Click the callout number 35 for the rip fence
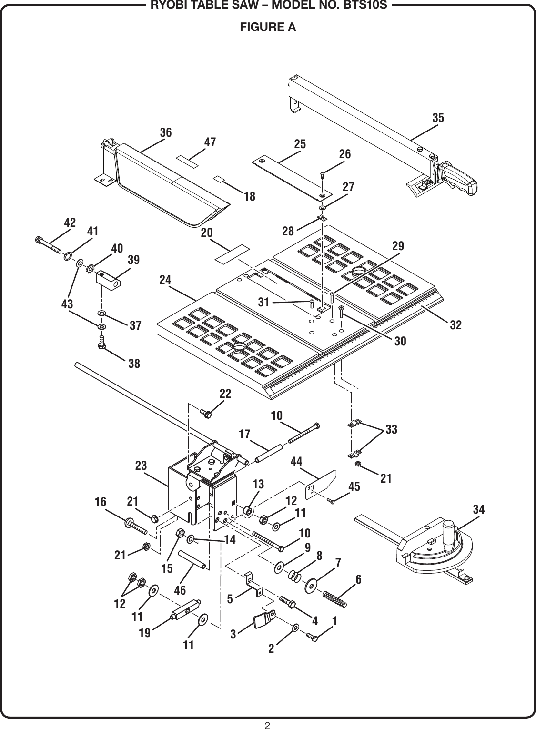click(x=438, y=118)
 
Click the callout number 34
click(x=479, y=510)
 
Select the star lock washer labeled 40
click(x=89, y=269)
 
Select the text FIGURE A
click(x=268, y=27)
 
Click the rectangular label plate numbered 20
click(x=232, y=253)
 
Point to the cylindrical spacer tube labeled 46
click(x=192, y=559)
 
